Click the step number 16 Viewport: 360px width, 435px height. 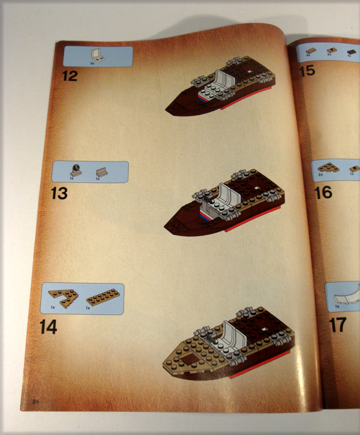coord(323,192)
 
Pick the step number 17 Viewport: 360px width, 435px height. coord(338,326)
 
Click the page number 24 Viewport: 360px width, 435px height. coord(36,401)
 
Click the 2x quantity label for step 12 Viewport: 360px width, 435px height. coord(93,62)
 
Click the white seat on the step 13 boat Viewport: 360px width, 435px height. coord(226,196)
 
